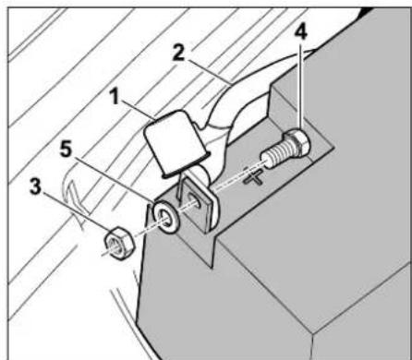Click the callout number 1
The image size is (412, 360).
click(x=115, y=98)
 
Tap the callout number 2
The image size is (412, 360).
click(x=178, y=54)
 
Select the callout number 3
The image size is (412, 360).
click(x=35, y=186)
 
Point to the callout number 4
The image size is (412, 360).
click(x=300, y=32)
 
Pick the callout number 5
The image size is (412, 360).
click(x=66, y=150)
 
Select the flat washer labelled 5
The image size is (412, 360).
click(x=166, y=217)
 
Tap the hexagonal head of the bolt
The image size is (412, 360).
click(x=297, y=142)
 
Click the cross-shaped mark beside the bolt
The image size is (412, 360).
click(x=253, y=177)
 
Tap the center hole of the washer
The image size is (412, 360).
click(x=164, y=217)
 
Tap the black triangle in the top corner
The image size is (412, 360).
click(x=368, y=12)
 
